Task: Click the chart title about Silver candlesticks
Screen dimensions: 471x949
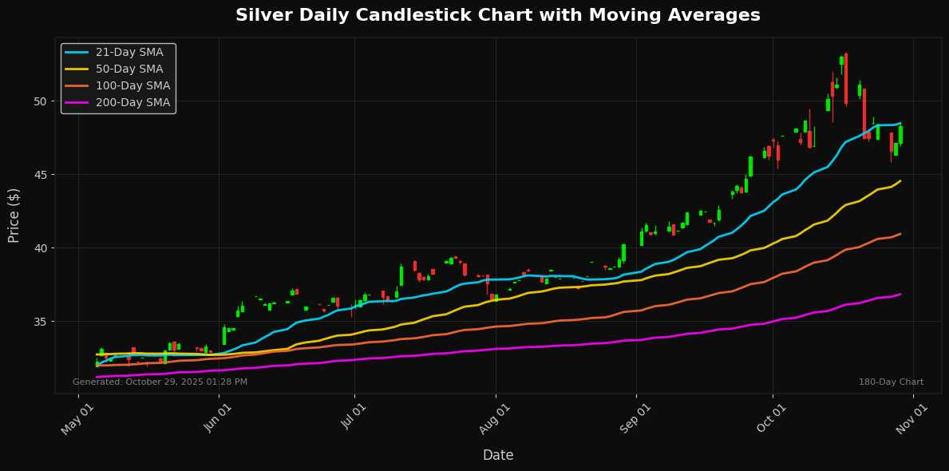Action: (498, 15)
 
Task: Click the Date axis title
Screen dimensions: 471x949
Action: (498, 455)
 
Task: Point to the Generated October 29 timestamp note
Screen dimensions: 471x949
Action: (160, 382)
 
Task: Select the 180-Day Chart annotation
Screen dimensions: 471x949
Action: (891, 382)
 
